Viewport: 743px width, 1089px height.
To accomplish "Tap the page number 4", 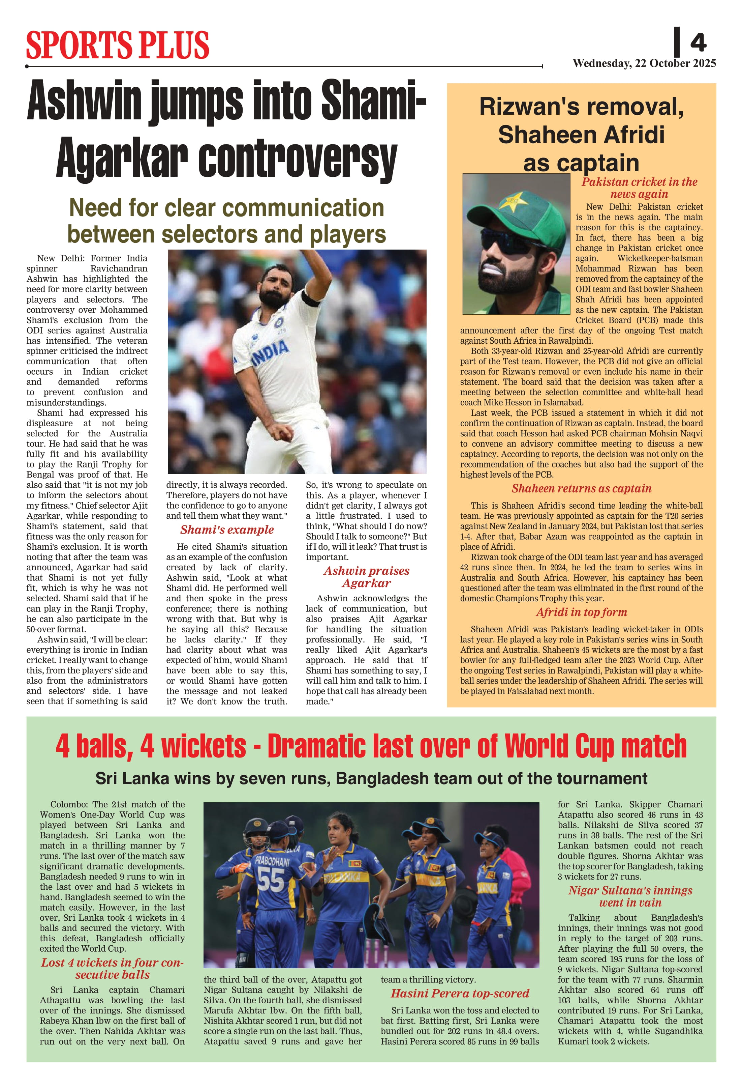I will pyautogui.click(x=698, y=42).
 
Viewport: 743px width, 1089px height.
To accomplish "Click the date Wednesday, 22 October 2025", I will pyautogui.click(x=644, y=63).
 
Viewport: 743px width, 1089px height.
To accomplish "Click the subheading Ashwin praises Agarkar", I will pyautogui.click(x=366, y=577).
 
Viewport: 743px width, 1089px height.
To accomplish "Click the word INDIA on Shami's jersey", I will pyautogui.click(x=271, y=352).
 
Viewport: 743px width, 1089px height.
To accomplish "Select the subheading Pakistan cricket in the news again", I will pyautogui.click(x=639, y=188).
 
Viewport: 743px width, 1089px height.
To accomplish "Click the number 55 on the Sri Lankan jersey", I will pyautogui.click(x=270, y=880).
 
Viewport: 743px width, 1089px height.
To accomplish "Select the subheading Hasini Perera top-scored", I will pyautogui.click(x=460, y=994).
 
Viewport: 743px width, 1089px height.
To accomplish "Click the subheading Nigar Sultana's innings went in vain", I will pyautogui.click(x=630, y=896).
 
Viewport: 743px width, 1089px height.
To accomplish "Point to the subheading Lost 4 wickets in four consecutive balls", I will pyautogui.click(x=112, y=969).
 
